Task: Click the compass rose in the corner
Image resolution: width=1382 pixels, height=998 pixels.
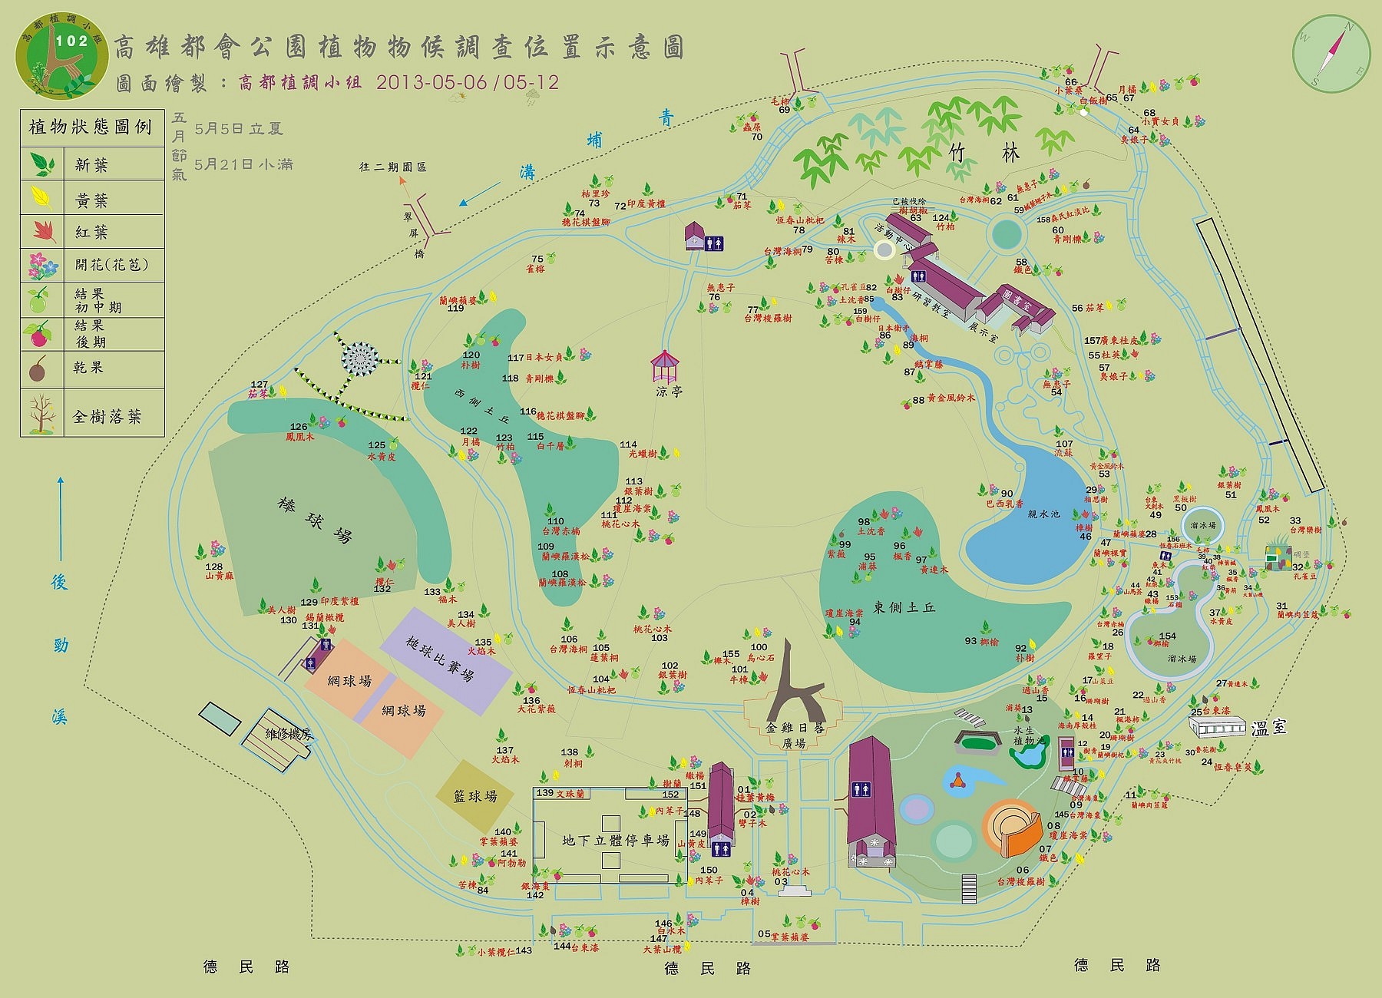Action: pyautogui.click(x=1331, y=54)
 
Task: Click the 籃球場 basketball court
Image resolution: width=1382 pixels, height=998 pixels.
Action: pyautogui.click(x=475, y=796)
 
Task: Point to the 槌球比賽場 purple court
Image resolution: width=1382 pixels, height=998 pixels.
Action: pyautogui.click(x=440, y=659)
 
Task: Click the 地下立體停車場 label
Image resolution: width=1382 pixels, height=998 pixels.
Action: pyautogui.click(x=615, y=840)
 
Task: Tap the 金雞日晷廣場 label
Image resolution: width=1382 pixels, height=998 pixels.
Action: pyautogui.click(x=795, y=735)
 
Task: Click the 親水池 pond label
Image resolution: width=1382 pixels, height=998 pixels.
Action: pyautogui.click(x=1043, y=514)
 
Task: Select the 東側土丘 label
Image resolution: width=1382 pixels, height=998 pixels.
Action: pyautogui.click(x=904, y=607)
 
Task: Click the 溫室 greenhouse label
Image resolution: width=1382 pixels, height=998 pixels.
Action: pyautogui.click(x=1268, y=727)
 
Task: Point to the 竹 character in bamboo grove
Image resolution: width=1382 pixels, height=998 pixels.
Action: pyautogui.click(x=957, y=154)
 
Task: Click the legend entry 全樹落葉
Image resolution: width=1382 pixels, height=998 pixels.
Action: pyautogui.click(x=107, y=416)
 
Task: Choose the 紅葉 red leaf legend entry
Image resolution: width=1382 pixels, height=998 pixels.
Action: pyautogui.click(x=91, y=232)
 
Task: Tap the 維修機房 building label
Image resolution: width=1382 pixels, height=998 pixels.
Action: pyautogui.click(x=289, y=734)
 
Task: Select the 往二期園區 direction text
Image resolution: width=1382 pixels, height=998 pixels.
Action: pyautogui.click(x=392, y=167)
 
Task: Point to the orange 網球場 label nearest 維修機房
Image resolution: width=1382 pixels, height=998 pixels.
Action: pyautogui.click(x=349, y=681)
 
